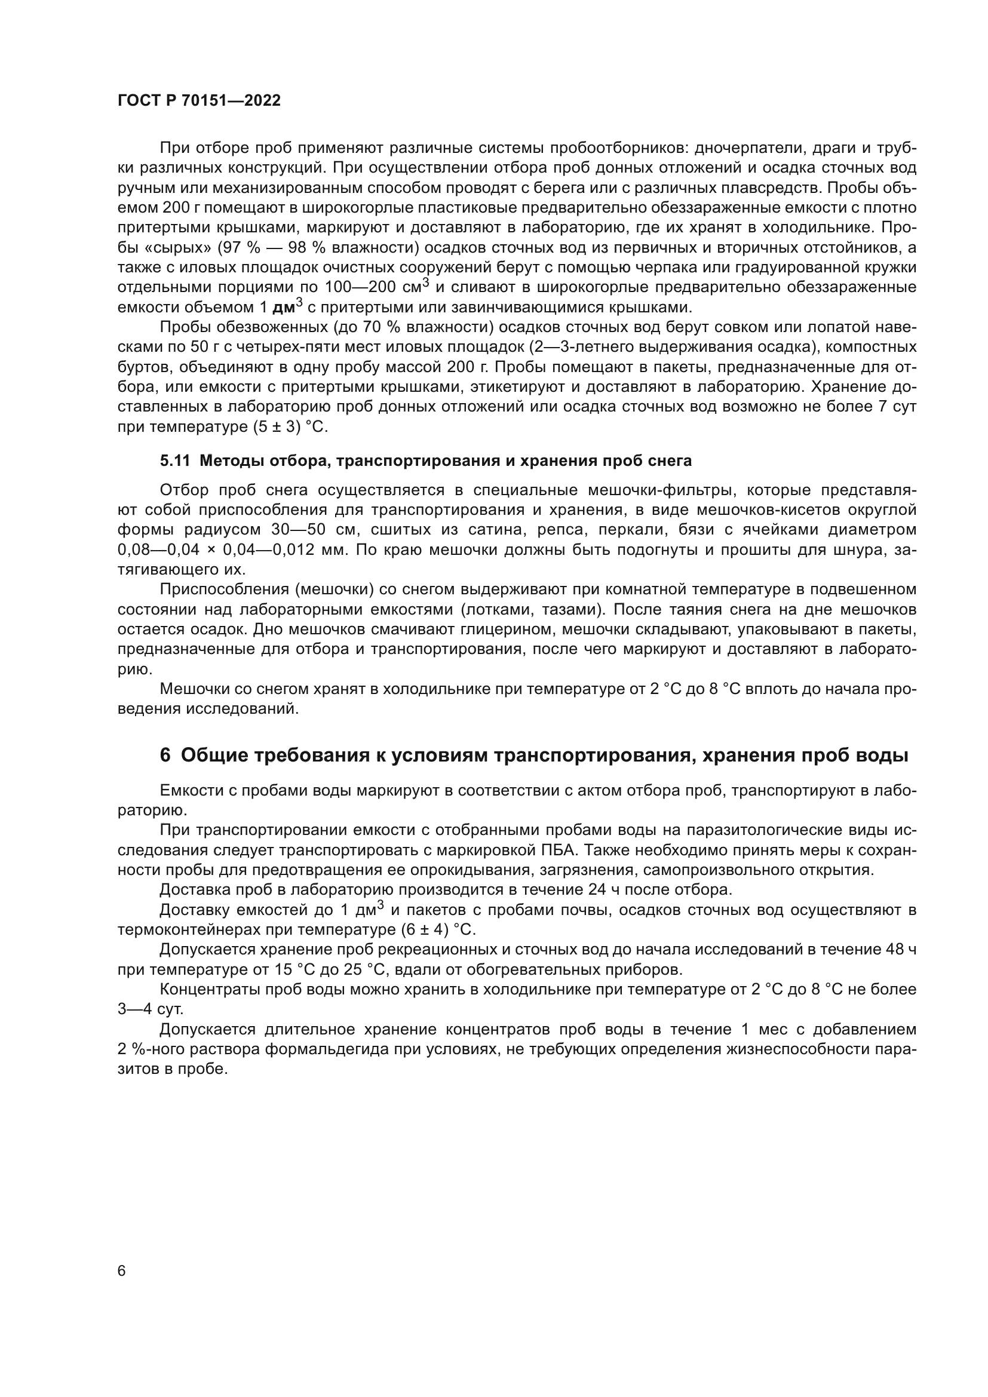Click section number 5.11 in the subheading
(x=175, y=460)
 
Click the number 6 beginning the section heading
(x=165, y=755)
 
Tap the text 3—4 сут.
(x=151, y=1009)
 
